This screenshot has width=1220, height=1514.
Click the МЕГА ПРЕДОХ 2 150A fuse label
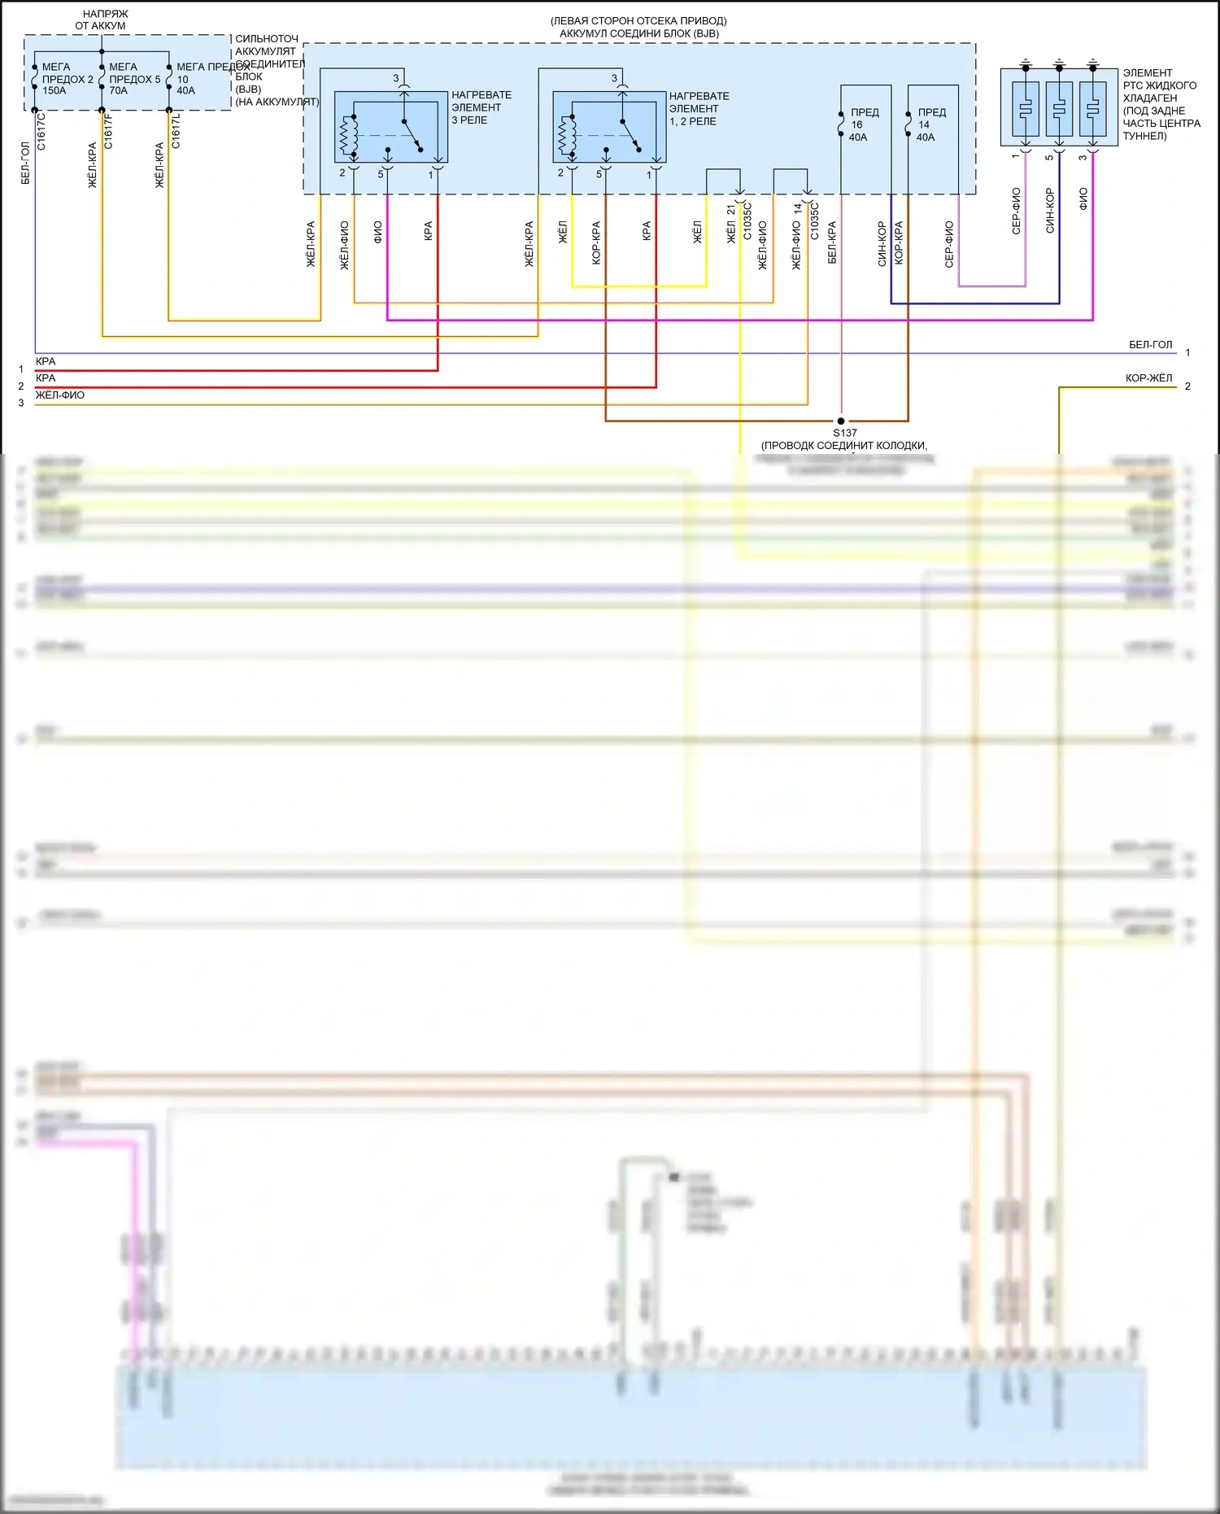point(67,79)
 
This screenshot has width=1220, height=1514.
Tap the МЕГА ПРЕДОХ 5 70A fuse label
point(134,79)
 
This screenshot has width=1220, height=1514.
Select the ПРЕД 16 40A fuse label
point(864,124)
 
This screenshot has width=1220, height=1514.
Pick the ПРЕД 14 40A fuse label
point(930,124)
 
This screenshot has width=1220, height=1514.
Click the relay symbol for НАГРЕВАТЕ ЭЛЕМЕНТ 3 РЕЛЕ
point(390,127)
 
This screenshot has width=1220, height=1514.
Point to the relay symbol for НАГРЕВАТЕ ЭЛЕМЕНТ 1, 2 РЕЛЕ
point(609,127)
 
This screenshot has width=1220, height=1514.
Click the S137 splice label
point(845,433)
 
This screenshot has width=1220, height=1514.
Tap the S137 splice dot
point(841,421)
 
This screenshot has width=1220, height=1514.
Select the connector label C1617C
point(41,131)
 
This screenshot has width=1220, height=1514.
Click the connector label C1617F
point(109,131)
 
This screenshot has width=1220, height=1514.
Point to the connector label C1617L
point(176,131)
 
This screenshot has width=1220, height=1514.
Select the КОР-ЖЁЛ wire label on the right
point(1148,378)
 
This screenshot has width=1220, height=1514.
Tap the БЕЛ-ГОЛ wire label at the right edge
point(1150,345)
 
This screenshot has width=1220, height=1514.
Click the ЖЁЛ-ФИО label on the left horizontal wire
point(59,395)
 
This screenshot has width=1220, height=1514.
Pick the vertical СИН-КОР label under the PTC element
point(1050,211)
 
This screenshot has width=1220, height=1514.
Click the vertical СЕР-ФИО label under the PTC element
point(1017,211)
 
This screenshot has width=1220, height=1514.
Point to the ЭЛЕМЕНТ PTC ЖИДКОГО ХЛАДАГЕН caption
point(1161,104)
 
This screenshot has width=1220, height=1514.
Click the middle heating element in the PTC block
point(1059,107)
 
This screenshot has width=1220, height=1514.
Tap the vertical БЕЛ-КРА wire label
point(832,242)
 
